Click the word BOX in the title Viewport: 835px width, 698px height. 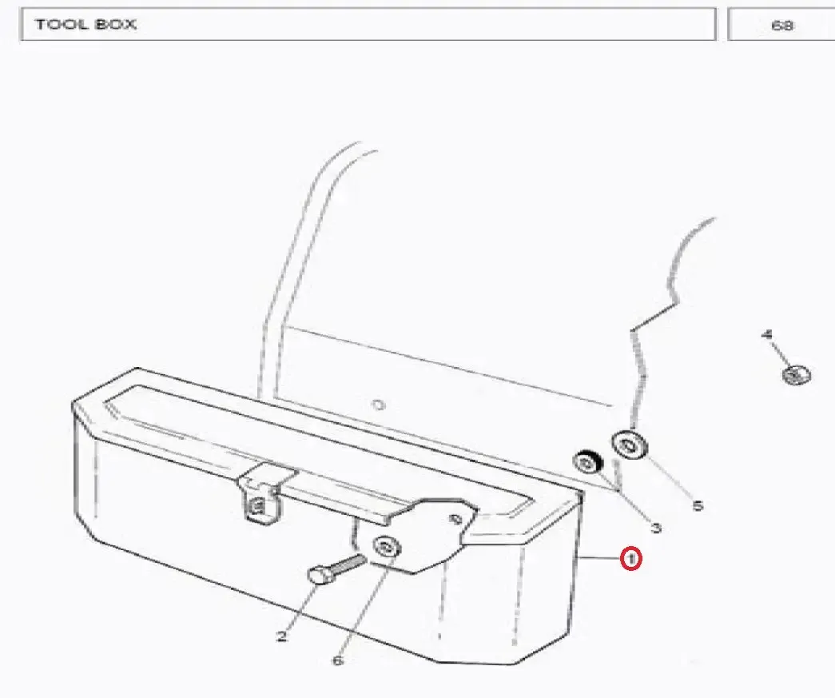[116, 24]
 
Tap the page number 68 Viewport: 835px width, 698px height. [781, 25]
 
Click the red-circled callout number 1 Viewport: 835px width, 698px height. [631, 559]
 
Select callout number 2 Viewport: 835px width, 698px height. [282, 636]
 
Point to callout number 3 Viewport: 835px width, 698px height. [656, 528]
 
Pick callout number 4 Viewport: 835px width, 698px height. [767, 335]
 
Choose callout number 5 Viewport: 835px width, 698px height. [698, 505]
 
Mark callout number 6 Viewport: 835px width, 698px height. [338, 660]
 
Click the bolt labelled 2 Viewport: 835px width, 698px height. [336, 569]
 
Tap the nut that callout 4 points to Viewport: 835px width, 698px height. [797, 374]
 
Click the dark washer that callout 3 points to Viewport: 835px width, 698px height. [586, 462]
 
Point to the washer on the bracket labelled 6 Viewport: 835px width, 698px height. [388, 547]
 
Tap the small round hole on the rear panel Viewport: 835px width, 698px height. [378, 405]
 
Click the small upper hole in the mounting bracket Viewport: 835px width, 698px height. [455, 518]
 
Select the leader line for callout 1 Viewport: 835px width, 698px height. [599, 558]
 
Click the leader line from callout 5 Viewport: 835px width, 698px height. [668, 478]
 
